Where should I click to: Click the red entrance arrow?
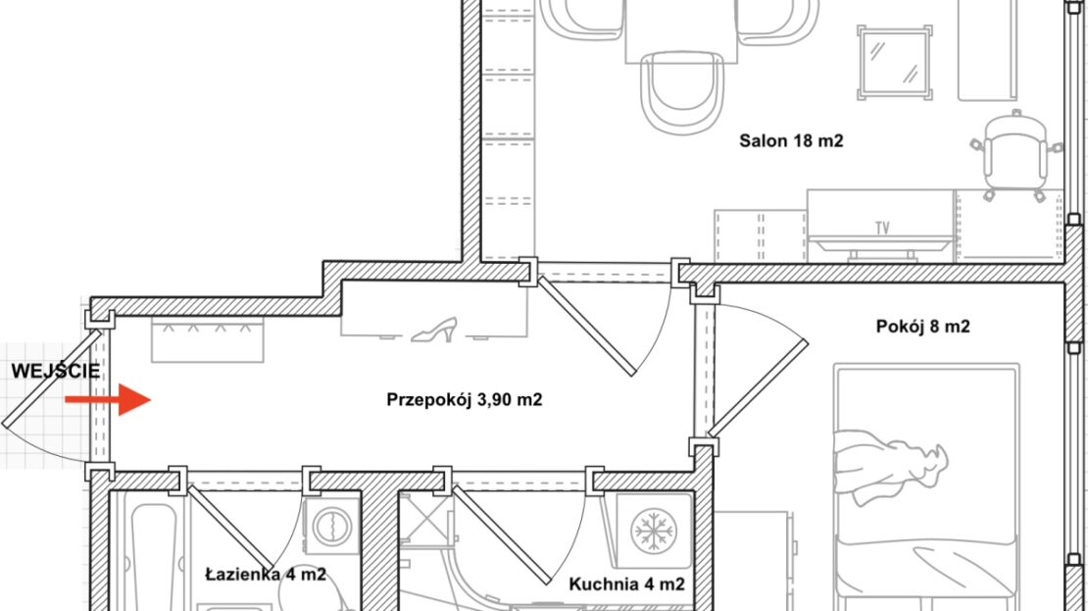tap(108, 400)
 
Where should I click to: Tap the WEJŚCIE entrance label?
tap(56, 371)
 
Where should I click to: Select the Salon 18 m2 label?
tap(791, 141)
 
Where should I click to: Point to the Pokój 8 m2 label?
tap(923, 327)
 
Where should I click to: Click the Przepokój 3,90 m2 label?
tap(465, 400)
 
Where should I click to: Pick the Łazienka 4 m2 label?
tap(266, 575)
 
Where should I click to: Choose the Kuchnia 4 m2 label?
tap(626, 585)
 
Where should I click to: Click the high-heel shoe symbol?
tap(434, 330)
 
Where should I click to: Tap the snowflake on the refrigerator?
tap(653, 531)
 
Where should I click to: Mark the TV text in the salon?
tap(882, 228)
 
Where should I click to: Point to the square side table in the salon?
tap(895, 63)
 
